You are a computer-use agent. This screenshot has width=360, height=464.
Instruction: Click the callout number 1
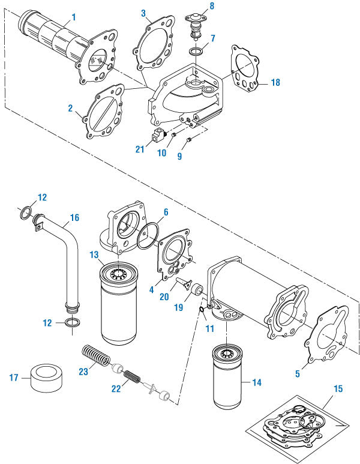tap(73, 16)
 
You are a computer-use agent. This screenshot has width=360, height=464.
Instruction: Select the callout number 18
tap(275, 83)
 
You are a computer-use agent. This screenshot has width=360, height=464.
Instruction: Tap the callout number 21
tap(139, 149)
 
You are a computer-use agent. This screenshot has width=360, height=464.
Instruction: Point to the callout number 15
tap(338, 389)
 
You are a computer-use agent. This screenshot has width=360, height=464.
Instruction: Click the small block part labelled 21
tap(158, 134)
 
